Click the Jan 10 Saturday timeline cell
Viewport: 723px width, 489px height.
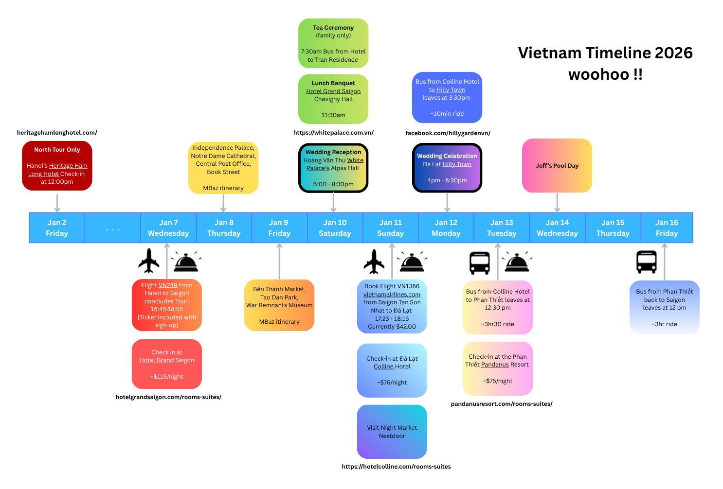pos(335,227)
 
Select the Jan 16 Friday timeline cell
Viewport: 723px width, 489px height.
pos(667,227)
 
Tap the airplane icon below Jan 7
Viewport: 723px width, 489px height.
pos(149,261)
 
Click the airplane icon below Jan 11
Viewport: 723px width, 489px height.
pos(374,262)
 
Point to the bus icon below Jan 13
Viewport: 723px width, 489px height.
pos(479,263)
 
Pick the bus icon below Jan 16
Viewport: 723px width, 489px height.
pos(646,262)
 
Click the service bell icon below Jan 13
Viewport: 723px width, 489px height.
pos(517,262)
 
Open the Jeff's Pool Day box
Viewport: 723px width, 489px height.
pos(557,165)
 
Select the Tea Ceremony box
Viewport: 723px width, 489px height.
pos(333,43)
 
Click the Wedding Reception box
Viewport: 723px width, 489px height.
pos(333,168)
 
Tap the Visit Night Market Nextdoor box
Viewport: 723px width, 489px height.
pos(392,432)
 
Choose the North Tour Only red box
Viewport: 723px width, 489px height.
pos(57,165)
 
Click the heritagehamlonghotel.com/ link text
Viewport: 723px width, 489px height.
pos(57,133)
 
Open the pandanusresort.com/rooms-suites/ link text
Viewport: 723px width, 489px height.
pos(502,404)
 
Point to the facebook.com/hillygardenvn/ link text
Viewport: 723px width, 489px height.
pos(448,133)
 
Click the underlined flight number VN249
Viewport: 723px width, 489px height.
pos(168,285)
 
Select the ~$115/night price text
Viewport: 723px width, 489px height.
pos(166,376)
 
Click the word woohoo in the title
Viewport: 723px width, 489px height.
pos(599,74)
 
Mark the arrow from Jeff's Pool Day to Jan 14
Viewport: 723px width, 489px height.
pos(557,203)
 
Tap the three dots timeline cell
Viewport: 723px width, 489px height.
pos(113,227)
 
